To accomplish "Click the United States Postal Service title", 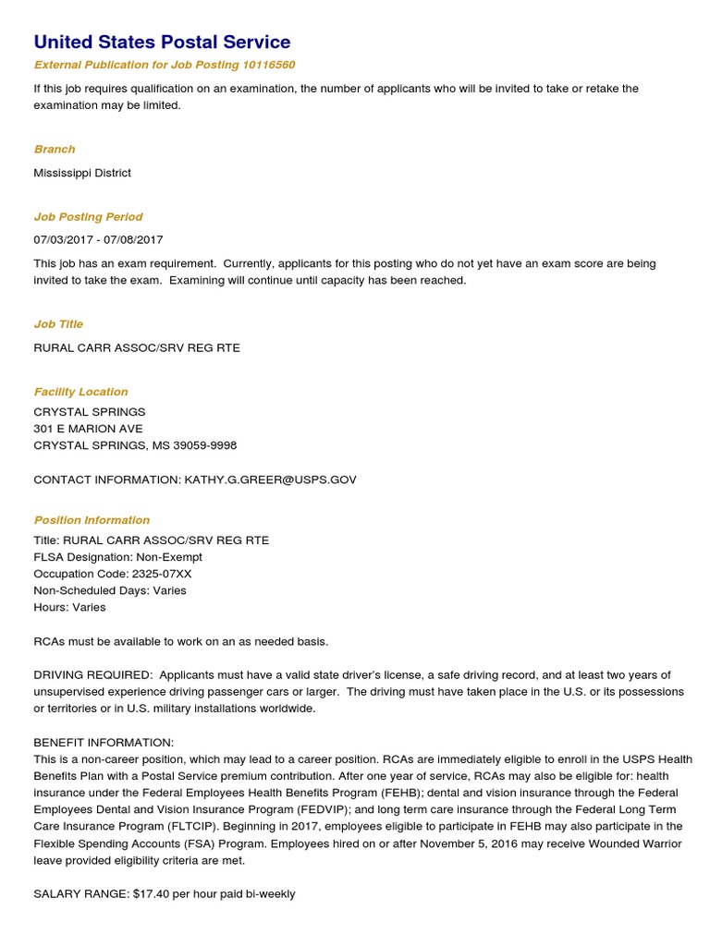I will coord(162,42).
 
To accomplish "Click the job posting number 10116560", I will coord(268,65).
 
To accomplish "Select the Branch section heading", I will coord(55,149).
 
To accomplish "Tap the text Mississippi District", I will coord(82,173).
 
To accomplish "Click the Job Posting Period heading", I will coord(88,216).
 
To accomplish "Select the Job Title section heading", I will coord(58,324).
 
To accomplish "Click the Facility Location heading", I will coord(80,392).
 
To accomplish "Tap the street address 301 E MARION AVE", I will coord(88,429).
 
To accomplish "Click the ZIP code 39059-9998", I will coord(205,445).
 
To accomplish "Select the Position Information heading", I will coord(92,520).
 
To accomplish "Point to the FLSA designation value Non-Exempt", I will coord(169,557).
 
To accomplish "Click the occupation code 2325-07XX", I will coord(158,574).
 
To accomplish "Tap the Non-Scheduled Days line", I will coord(110,590).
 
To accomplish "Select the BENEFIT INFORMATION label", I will coord(104,743).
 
